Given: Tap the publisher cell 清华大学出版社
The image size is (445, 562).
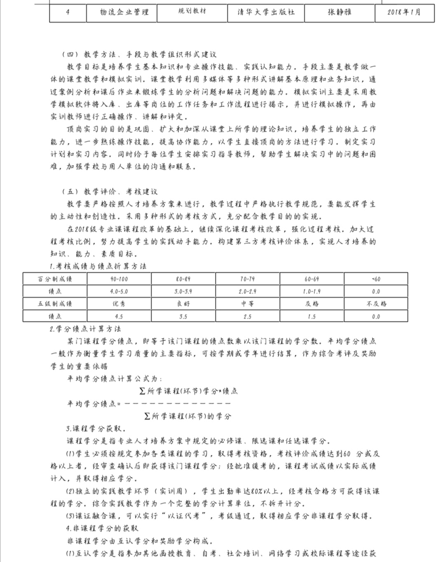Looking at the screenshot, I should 266,12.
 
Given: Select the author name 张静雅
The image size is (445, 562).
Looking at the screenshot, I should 340,12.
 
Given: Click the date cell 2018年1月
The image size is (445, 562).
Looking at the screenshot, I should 404,12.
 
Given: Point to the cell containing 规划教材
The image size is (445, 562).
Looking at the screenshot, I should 192,11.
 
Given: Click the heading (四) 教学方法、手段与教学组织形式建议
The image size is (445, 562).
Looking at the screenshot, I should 139,54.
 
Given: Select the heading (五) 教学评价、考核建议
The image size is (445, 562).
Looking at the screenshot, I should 110,192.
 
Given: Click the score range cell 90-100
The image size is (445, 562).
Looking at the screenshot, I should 119,279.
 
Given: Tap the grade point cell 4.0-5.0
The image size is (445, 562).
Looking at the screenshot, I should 119,291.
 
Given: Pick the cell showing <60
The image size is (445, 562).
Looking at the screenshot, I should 376,279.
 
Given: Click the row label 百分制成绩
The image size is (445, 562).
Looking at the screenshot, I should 55,279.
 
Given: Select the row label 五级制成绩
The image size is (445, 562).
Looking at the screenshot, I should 55,304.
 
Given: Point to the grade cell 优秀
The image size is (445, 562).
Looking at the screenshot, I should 119,304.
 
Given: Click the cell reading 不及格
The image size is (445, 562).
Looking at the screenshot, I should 376,304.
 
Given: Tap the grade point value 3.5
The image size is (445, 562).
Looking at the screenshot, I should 183,316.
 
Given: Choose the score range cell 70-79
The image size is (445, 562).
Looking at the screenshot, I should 247,279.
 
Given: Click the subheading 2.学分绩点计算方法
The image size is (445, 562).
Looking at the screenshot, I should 85,329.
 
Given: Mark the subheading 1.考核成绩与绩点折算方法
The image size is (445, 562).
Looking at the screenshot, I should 98,266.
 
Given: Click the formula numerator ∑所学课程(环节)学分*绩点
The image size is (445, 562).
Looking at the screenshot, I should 189,391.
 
